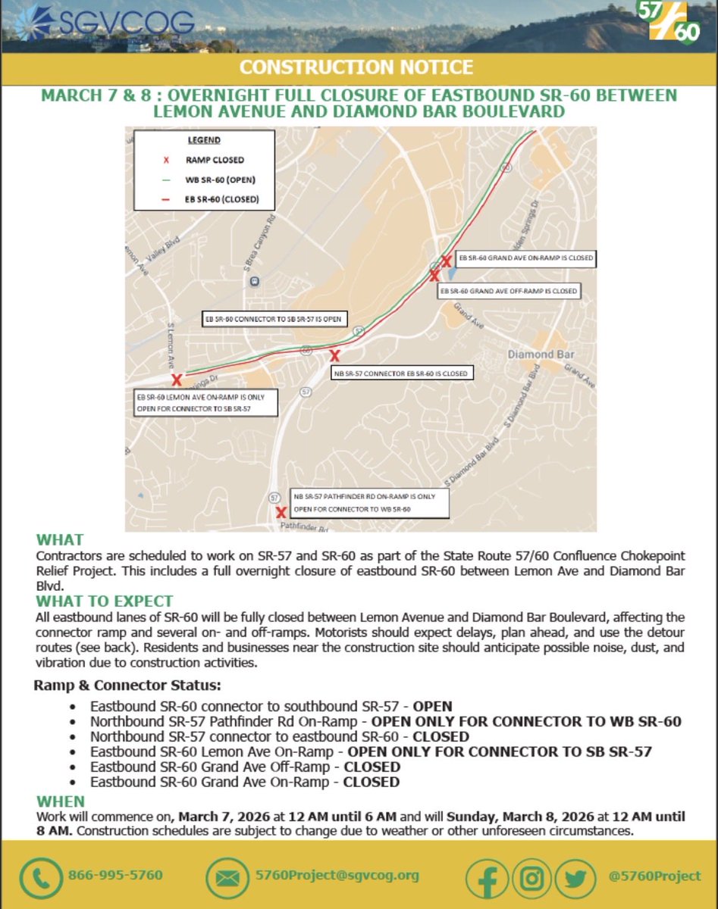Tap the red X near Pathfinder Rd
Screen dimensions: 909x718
[281, 512]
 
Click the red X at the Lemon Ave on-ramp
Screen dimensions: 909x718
[177, 380]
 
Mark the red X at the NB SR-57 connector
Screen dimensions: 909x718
[334, 355]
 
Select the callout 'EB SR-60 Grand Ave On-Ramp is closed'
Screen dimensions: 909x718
[523, 258]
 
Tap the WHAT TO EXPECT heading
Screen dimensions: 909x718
[105, 601]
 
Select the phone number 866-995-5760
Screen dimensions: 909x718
[115, 875]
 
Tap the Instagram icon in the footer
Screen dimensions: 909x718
[534, 876]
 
